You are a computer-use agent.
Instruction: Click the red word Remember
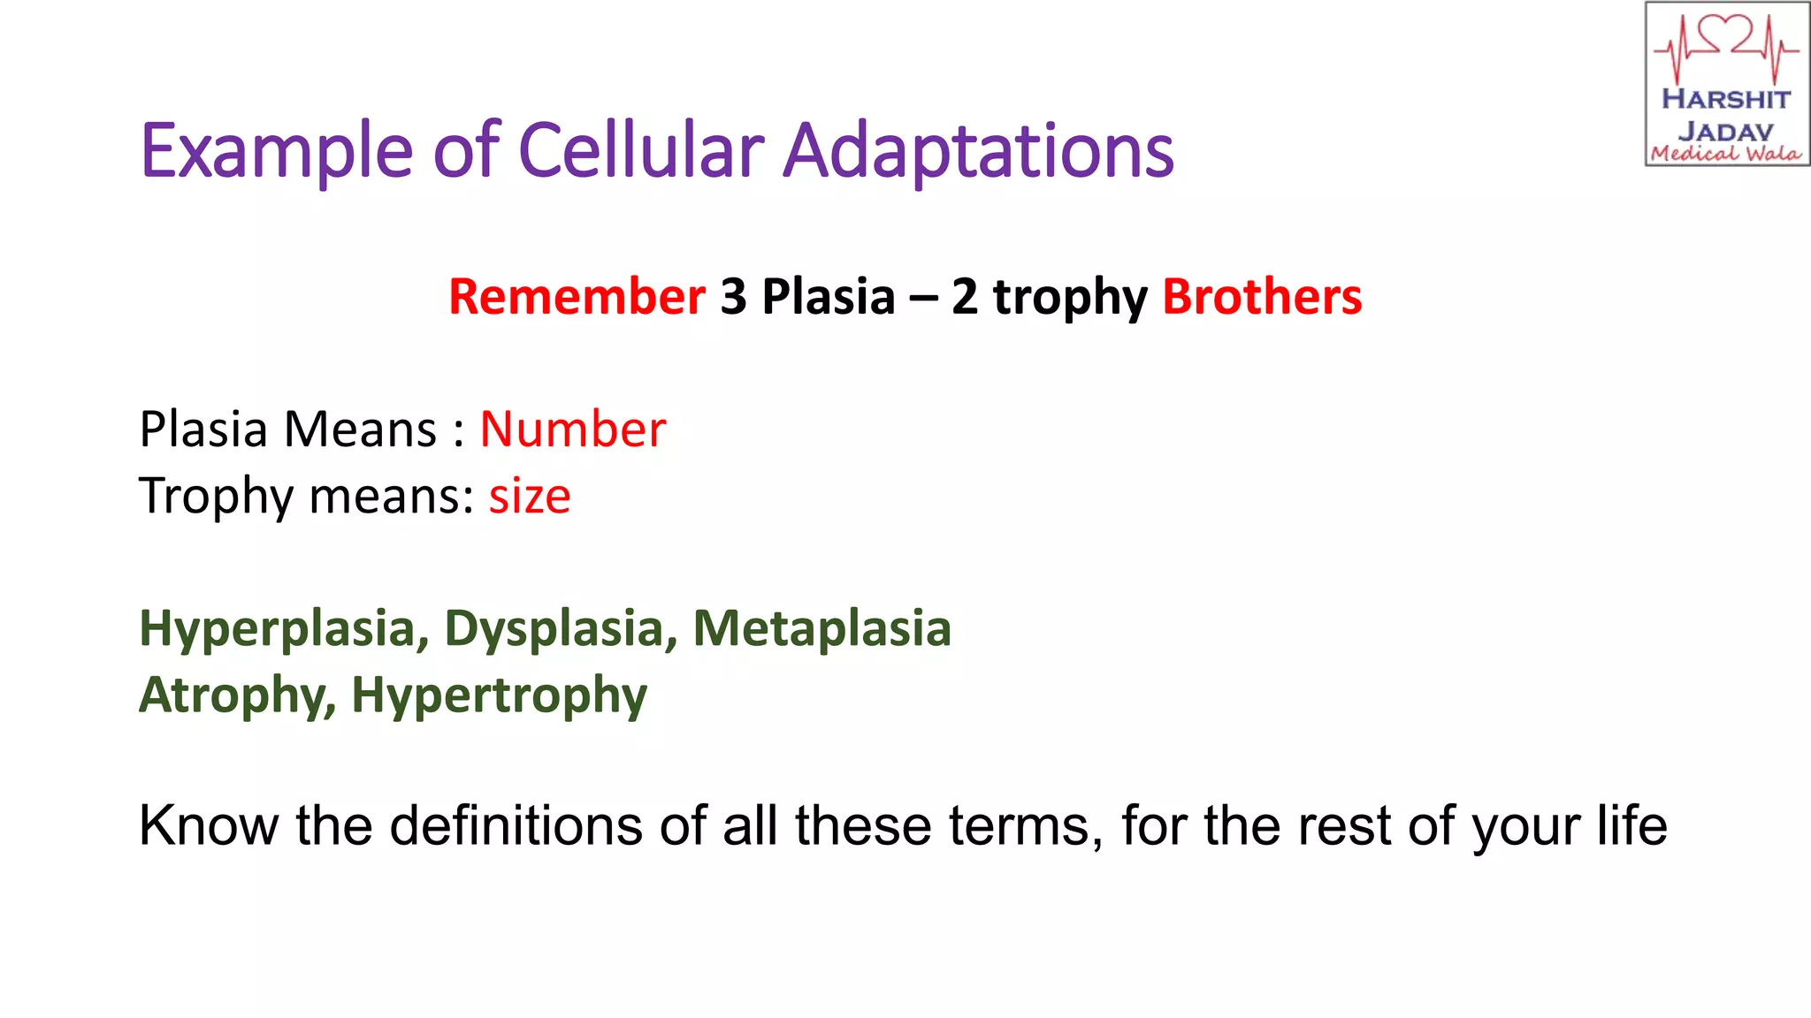(577, 297)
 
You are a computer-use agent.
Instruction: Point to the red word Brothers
(1262, 297)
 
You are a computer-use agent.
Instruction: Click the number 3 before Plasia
(733, 297)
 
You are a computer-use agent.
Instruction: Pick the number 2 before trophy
(965, 297)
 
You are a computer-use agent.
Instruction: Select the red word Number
(572, 429)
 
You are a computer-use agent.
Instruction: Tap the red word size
(530, 497)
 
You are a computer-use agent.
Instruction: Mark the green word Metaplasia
(821, 628)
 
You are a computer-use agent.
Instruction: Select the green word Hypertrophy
(499, 696)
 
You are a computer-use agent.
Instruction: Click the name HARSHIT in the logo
(1726, 99)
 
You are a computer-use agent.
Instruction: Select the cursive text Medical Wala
(1726, 154)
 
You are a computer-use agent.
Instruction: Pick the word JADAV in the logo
(1726, 131)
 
